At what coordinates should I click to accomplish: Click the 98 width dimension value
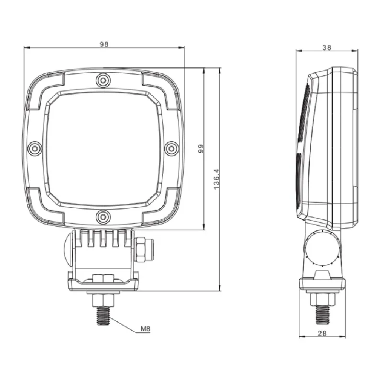[x=104, y=44]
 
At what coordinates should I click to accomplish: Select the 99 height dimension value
[x=201, y=148]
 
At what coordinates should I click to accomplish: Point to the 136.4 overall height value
[x=217, y=179]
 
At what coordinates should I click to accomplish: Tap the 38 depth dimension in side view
[x=327, y=48]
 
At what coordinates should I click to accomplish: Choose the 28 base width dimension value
[x=322, y=333]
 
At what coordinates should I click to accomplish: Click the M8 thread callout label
[x=146, y=329]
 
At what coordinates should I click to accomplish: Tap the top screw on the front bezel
[x=103, y=79]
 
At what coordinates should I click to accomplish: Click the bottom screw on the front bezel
[x=103, y=216]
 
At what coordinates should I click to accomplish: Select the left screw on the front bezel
[x=35, y=148]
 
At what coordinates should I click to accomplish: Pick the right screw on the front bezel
[x=171, y=148]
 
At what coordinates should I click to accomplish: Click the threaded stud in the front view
[x=103, y=316]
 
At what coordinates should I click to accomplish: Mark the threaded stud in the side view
[x=322, y=315]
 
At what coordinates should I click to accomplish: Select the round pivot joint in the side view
[x=322, y=248]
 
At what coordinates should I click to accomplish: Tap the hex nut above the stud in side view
[x=322, y=299]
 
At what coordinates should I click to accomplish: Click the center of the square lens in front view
[x=103, y=148]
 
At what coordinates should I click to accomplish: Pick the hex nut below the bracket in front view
[x=103, y=301]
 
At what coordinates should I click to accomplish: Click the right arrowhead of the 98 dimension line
[x=182, y=47]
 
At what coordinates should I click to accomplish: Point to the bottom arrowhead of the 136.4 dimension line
[x=220, y=288]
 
